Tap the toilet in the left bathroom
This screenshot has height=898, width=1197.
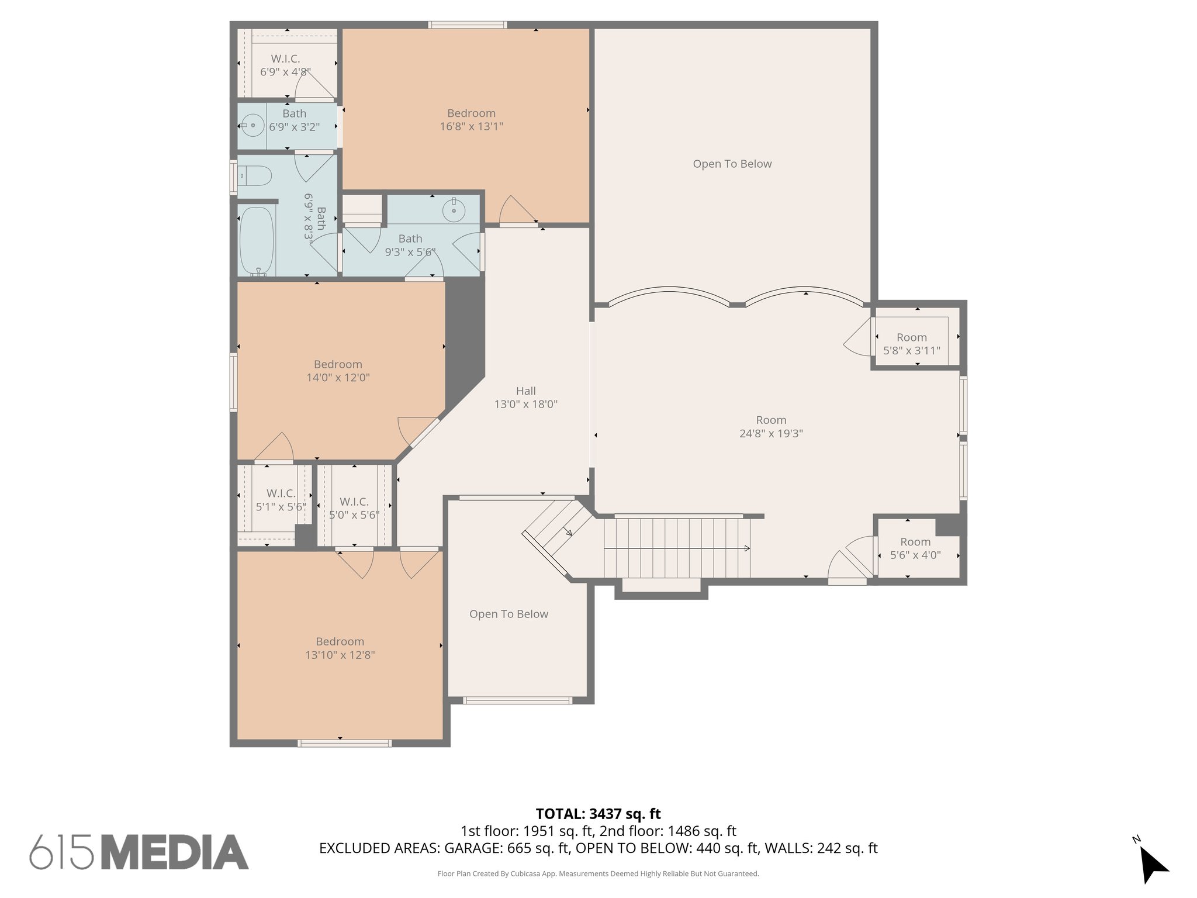point(256,175)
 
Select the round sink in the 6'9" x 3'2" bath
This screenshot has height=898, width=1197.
point(252,125)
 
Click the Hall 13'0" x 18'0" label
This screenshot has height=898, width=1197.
point(525,398)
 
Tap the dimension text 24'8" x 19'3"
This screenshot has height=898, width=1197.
point(771,434)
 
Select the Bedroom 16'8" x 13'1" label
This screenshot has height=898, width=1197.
point(471,120)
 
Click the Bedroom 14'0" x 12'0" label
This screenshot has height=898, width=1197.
point(338,371)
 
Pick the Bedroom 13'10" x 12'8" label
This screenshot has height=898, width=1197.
point(340,648)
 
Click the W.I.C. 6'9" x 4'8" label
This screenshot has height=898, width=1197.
point(285,65)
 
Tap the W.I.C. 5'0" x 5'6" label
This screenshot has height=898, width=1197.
point(354,508)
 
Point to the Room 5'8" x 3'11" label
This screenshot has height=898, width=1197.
point(911,344)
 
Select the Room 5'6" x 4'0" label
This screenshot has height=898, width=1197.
point(915,548)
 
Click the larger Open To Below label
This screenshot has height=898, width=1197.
point(732,164)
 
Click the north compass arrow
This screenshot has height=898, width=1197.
point(1153,865)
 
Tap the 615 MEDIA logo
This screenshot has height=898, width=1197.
point(139,852)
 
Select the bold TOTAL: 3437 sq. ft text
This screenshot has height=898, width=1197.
point(598,814)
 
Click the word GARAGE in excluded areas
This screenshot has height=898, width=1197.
point(471,848)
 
